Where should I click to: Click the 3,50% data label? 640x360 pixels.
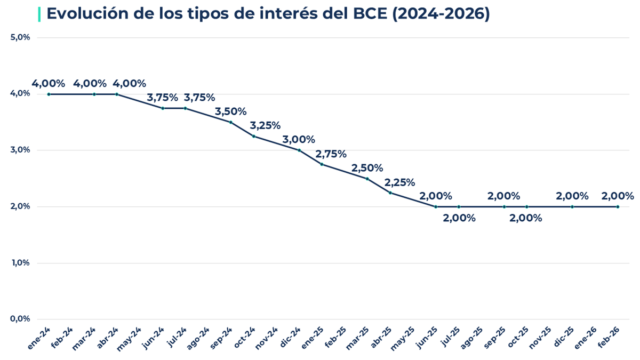(x=230, y=111)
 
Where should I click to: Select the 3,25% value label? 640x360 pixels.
(x=265, y=126)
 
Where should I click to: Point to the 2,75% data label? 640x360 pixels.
(x=331, y=154)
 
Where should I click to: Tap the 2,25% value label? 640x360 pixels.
(x=399, y=182)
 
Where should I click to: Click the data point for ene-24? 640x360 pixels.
(x=49, y=94)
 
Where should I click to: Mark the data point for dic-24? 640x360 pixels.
(x=299, y=150)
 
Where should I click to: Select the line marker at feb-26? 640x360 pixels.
(x=618, y=207)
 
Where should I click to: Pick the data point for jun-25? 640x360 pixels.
(x=436, y=207)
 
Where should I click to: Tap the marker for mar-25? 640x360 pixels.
(x=367, y=179)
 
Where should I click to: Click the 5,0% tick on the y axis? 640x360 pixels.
(x=20, y=37)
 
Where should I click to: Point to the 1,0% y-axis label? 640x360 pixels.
(x=20, y=263)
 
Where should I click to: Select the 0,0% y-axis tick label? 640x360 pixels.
(x=20, y=319)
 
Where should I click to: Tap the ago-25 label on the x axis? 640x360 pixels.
(x=471, y=338)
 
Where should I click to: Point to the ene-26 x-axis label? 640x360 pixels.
(x=586, y=338)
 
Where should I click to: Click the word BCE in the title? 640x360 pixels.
(x=368, y=14)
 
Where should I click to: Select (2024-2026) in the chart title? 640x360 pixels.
(x=441, y=14)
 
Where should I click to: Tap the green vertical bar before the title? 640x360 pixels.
(x=39, y=14)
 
